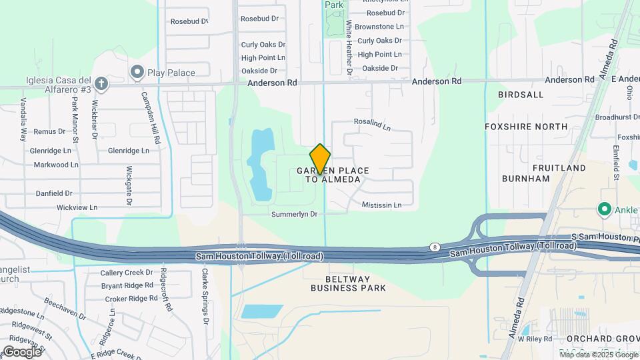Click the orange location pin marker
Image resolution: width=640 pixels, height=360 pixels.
(320, 159)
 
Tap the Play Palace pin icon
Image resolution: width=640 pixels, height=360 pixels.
(138, 72)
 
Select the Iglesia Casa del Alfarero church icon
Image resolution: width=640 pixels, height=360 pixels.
(101, 84)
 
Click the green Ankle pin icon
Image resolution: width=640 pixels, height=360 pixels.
(605, 210)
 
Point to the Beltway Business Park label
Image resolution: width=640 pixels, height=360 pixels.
(348, 283)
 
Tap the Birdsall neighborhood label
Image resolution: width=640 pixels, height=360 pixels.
(521, 95)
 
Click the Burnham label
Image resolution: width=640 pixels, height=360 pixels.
(527, 179)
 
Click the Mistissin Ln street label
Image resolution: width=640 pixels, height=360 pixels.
(381, 205)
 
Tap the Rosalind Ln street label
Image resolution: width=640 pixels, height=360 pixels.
(372, 125)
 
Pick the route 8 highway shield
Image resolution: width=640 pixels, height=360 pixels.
(435, 247)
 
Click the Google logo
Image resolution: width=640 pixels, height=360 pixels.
(22, 351)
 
